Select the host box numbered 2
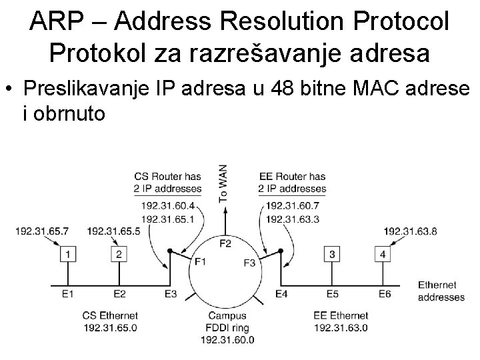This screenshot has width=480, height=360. click(x=119, y=254)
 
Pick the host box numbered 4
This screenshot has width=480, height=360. click(x=382, y=254)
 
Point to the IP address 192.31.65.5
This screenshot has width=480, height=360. click(x=113, y=231)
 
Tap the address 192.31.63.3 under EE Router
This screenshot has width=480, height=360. click(x=292, y=219)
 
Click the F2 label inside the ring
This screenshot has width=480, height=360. click(x=225, y=243)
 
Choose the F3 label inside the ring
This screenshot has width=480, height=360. click(x=249, y=262)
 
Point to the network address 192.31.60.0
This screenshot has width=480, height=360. click(x=227, y=339)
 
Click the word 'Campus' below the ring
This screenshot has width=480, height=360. click(x=227, y=315)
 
